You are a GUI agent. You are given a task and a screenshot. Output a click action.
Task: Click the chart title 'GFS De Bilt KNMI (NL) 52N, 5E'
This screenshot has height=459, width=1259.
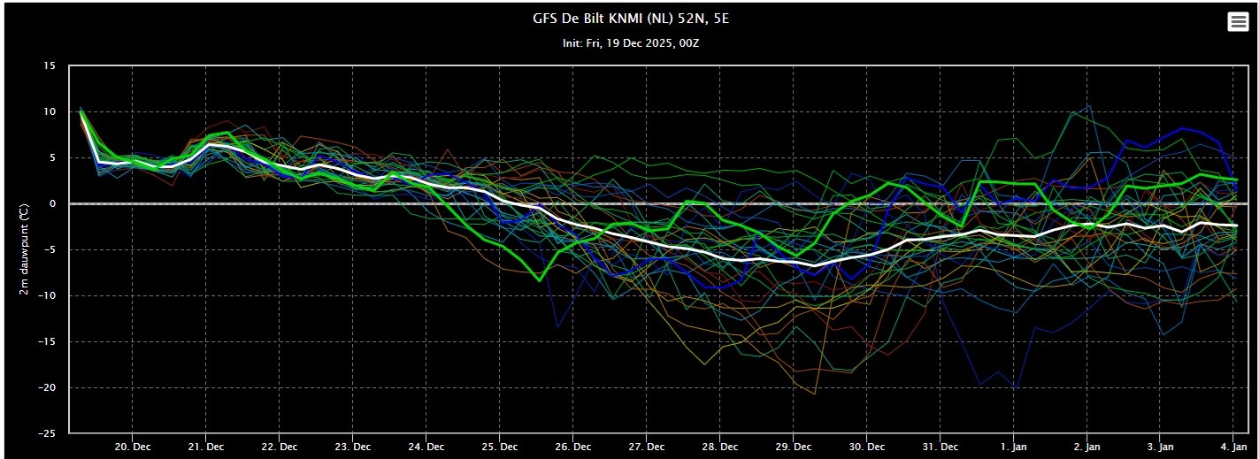pos(629,19)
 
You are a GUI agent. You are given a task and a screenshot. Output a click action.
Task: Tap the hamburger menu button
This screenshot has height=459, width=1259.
pos(1238,22)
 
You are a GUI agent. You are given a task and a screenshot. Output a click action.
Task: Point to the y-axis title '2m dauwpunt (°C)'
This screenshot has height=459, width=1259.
pos(27,249)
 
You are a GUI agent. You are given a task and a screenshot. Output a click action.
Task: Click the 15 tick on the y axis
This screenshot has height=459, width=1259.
pos(50,66)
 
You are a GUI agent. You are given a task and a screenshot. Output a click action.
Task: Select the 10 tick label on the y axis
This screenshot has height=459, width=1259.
pos(50,112)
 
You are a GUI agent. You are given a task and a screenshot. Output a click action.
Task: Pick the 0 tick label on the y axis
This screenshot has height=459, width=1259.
pos(52,204)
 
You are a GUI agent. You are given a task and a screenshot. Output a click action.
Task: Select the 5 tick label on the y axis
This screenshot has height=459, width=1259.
pos(52,158)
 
